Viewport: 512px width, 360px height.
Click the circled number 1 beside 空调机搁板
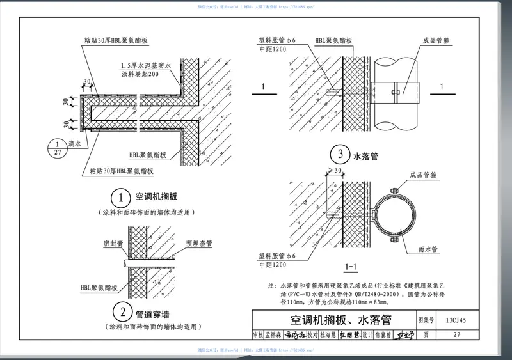pyautogui.click(x=121, y=196)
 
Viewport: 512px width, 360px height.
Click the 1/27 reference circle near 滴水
pyautogui.click(x=58, y=148)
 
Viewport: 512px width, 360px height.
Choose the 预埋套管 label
pyautogui.click(x=197, y=243)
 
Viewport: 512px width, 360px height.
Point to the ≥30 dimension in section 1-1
pyautogui.click(x=333, y=170)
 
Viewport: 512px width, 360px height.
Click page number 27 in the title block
pyautogui.click(x=456, y=334)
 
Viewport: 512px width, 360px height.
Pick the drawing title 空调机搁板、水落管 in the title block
pyautogui.click(x=332, y=320)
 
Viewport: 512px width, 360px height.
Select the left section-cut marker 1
pyautogui.click(x=262, y=86)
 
